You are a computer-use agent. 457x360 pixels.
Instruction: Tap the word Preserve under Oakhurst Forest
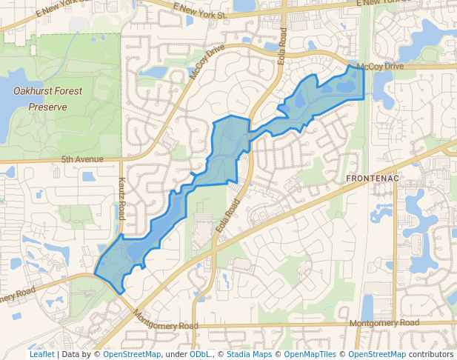[x=47, y=107]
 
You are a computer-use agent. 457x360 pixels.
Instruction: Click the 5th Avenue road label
[x=81, y=159]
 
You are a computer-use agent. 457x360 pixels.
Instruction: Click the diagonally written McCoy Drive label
[x=206, y=63]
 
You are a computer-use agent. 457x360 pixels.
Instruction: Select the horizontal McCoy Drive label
[x=380, y=67]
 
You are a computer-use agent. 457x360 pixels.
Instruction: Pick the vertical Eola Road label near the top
[x=282, y=46]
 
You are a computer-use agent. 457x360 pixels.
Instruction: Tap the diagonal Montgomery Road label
[x=166, y=319]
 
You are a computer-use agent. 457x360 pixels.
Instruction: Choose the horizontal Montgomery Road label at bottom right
[x=384, y=323]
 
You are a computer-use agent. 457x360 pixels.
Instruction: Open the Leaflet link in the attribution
[x=41, y=354]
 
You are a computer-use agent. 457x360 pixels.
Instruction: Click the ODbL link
[x=200, y=354]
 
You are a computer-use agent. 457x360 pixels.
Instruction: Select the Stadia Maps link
[x=249, y=354]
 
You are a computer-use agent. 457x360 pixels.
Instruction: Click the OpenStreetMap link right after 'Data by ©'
[x=132, y=354]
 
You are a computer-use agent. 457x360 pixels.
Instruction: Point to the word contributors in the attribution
[x=430, y=354]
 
